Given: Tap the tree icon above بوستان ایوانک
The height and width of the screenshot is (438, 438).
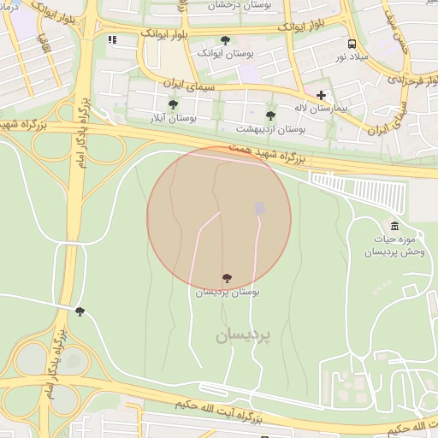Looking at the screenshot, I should pyautogui.click(x=225, y=40).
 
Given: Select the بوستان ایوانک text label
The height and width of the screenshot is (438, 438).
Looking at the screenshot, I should pyautogui.click(x=226, y=53).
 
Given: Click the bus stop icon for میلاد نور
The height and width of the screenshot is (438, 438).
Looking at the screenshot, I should pyautogui.click(x=352, y=44).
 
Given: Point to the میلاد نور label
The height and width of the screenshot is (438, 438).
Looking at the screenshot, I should pyautogui.click(x=352, y=56).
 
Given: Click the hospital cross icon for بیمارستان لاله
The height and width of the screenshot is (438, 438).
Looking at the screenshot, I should pyautogui.click(x=321, y=95).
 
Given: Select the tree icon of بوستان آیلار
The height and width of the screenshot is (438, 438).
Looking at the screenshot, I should pyautogui.click(x=173, y=104).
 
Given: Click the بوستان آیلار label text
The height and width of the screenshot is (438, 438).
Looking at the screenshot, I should pyautogui.click(x=173, y=118).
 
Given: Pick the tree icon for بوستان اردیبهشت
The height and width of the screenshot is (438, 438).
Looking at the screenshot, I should pyautogui.click(x=270, y=115).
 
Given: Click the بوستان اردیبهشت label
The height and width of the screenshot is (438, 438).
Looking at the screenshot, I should pyautogui.click(x=271, y=129).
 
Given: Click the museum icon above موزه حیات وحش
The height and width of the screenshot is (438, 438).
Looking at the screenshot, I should pyautogui.click(x=394, y=226).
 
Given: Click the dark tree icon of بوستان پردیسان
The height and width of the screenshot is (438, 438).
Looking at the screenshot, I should pyautogui.click(x=227, y=278).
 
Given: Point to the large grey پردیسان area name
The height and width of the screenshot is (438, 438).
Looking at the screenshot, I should pyautogui.click(x=242, y=335).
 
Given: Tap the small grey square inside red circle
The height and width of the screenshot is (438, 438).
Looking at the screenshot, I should pyautogui.click(x=260, y=209).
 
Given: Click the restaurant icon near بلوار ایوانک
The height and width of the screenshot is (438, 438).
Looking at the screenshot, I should pyautogui.click(x=112, y=39).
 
